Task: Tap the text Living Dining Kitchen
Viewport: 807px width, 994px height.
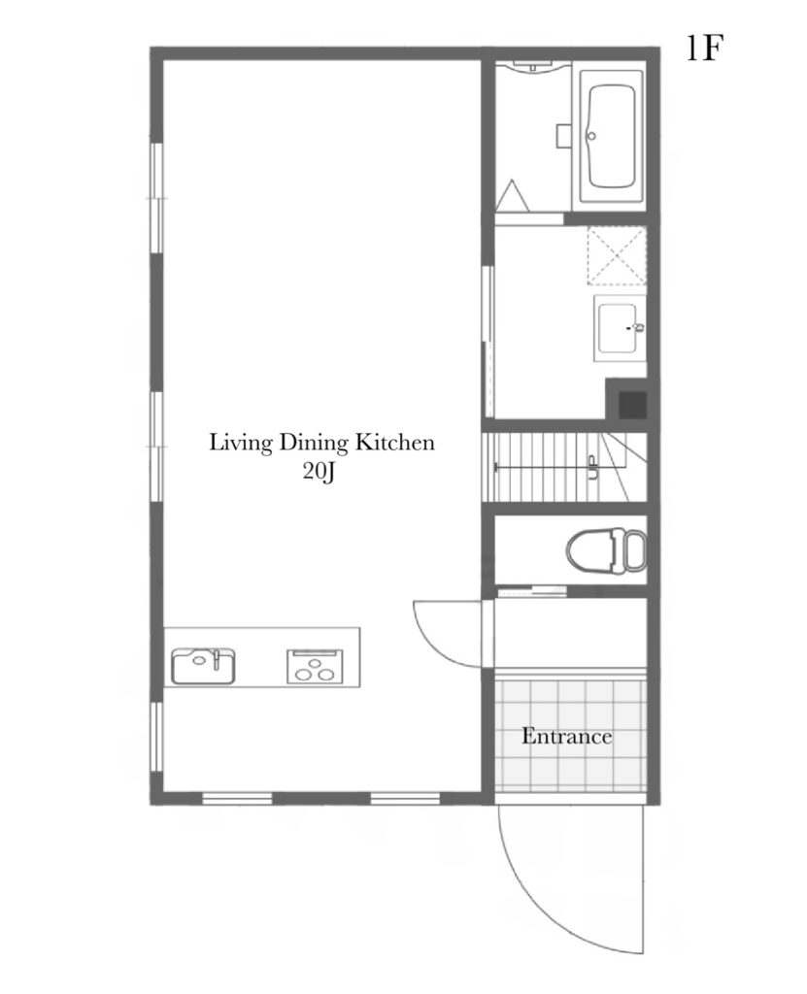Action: pos(321,442)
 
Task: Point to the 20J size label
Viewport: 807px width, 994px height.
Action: pos(319,473)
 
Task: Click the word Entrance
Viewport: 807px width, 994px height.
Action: pos(566,736)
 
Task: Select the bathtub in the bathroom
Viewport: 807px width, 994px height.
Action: pos(612,136)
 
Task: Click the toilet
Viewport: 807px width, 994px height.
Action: pos(607,550)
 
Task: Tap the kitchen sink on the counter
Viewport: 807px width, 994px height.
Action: pos(203,666)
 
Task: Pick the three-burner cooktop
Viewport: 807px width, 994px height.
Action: pos(315,667)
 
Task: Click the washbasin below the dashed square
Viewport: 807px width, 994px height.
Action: pos(620,328)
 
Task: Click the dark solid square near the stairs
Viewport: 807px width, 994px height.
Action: pos(632,405)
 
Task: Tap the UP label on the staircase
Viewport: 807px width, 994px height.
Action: pos(592,468)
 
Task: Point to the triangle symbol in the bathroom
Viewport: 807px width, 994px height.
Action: pos(512,196)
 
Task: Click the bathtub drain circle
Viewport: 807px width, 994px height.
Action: pos(592,135)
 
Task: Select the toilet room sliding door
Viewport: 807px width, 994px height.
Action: pos(531,592)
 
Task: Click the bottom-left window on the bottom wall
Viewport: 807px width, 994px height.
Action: pos(237,798)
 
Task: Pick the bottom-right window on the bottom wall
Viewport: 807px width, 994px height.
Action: pos(405,798)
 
